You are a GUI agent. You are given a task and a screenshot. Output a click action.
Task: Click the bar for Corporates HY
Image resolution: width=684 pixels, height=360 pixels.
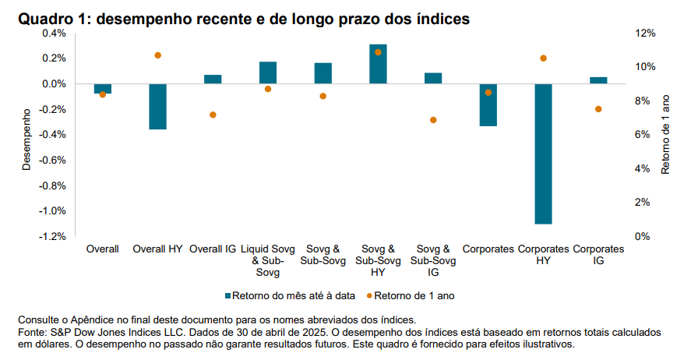[543, 154]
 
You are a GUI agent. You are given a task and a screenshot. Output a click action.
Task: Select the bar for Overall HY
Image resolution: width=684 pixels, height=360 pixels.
[157, 106]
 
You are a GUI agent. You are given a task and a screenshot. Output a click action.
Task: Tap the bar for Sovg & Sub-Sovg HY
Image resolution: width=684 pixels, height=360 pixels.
[378, 64]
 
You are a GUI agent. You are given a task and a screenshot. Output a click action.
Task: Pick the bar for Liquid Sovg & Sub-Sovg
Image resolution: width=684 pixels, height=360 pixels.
[268, 72]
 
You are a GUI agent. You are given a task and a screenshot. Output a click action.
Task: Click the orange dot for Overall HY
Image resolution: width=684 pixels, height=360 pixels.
[157, 55]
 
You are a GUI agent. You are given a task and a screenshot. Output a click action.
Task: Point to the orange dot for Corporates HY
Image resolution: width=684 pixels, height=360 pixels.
[543, 58]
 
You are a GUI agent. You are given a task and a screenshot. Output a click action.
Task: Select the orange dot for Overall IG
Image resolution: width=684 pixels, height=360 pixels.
[213, 115]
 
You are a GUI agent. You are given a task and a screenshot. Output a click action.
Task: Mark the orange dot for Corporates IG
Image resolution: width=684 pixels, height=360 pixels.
[598, 109]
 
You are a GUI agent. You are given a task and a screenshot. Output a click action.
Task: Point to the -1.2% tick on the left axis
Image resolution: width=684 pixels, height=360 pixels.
[53, 236]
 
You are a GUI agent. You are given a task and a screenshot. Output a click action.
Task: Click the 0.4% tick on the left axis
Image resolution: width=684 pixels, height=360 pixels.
[55, 34]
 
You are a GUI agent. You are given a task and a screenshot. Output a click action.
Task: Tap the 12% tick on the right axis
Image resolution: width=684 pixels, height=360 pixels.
[646, 34]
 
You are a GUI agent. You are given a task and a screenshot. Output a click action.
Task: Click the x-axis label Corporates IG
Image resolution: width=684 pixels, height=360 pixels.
[598, 255]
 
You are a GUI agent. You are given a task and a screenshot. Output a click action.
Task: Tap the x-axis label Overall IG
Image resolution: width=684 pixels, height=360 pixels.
[213, 249]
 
